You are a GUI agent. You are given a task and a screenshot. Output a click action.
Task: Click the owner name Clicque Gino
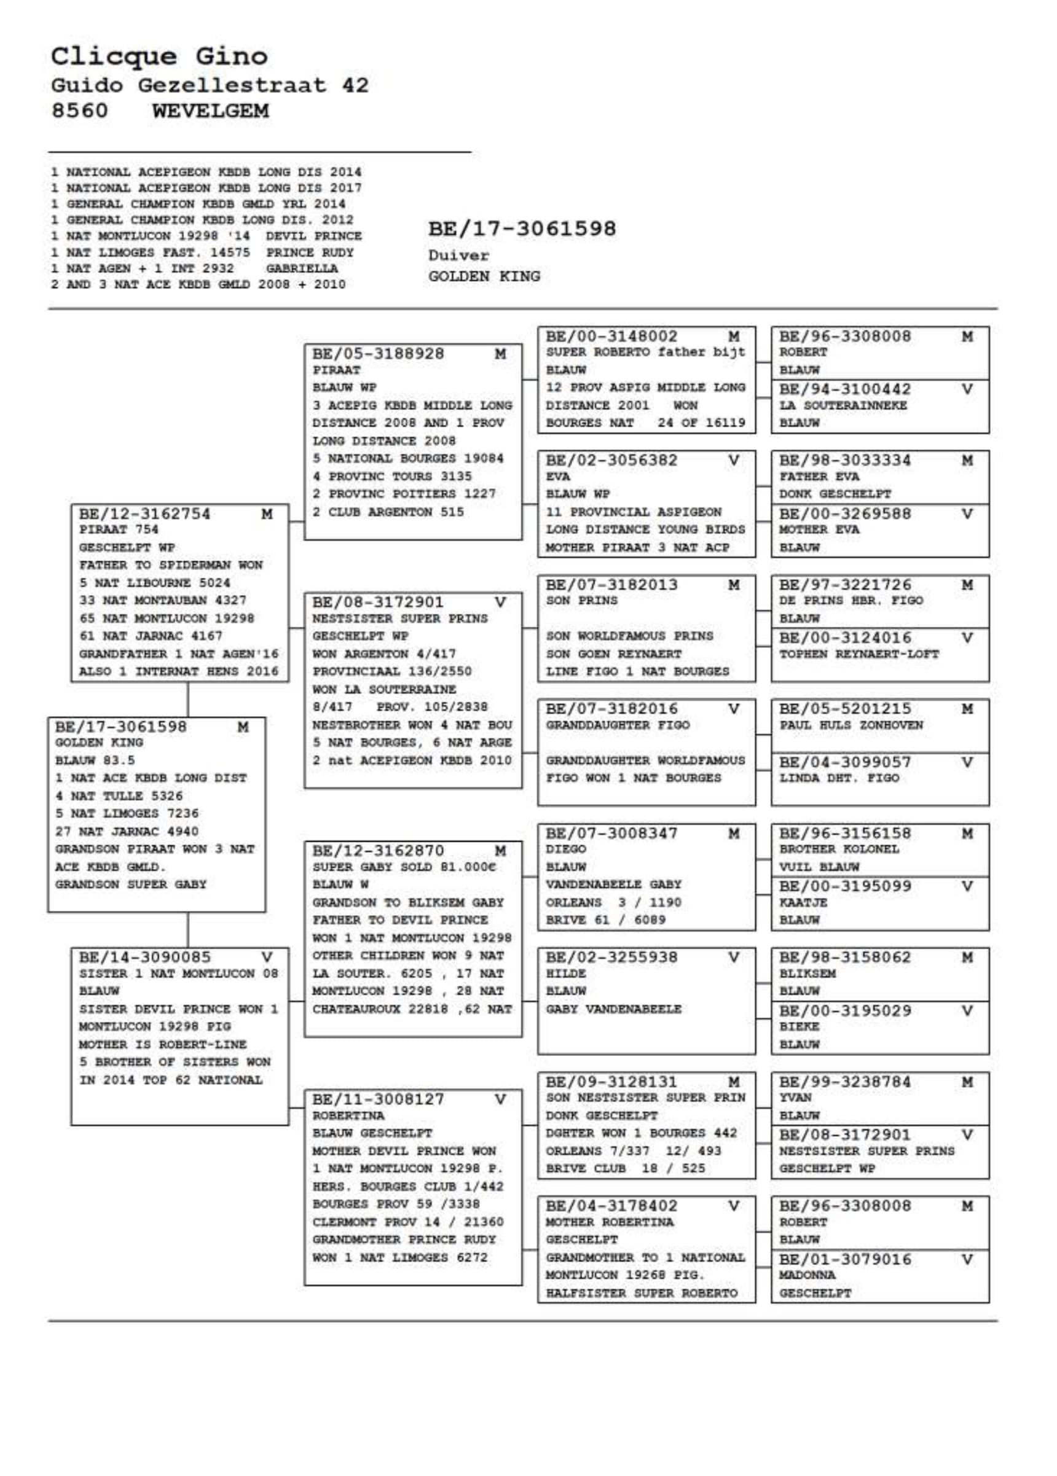159,56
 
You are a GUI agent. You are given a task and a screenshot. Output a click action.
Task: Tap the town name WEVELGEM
210,111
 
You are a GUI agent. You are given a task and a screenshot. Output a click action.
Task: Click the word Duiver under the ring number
458,256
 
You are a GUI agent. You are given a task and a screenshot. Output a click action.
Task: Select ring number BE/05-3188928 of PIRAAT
377,354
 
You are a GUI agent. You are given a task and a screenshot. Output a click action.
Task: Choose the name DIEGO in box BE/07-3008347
565,849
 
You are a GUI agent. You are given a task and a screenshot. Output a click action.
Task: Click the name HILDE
565,973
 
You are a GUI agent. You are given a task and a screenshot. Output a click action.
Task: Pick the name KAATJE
803,903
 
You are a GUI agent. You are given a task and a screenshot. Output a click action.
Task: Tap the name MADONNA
807,1275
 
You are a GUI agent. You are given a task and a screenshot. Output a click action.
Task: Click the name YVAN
795,1098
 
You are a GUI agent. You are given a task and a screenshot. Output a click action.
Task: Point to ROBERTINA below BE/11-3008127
348,1115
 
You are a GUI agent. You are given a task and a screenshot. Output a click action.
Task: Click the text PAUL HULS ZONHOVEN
851,725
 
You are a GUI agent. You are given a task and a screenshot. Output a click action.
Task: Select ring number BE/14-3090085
144,957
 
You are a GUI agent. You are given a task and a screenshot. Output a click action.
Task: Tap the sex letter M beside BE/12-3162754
266,514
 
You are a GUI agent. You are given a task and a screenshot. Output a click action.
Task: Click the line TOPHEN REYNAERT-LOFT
859,654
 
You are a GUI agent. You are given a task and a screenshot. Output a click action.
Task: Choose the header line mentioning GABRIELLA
195,268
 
